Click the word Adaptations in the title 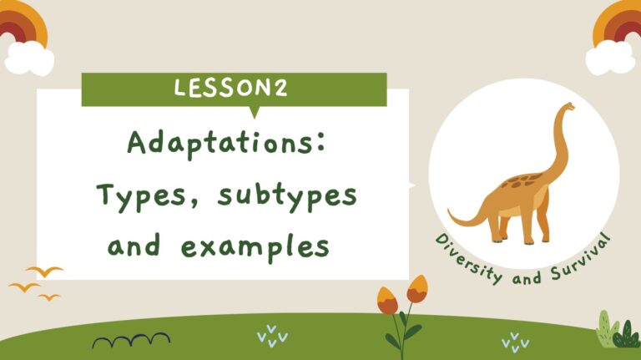216,143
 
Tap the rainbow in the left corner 23,25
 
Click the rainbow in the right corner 618,25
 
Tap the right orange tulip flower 416,289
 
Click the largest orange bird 44,271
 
